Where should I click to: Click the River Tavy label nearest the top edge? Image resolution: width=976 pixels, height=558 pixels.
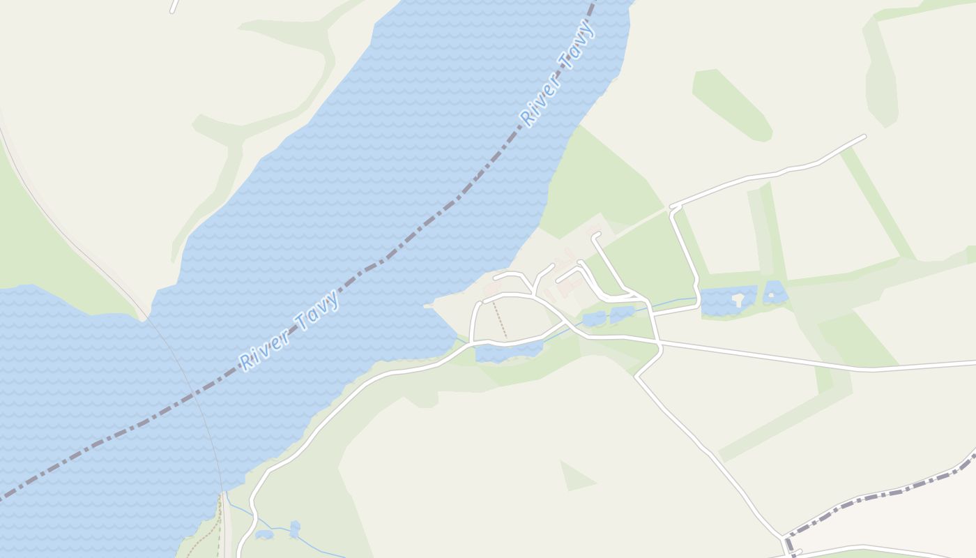point(558,74)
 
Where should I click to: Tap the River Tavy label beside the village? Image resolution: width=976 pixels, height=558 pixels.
point(290,329)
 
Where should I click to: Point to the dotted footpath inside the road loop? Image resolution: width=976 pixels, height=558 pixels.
point(500,319)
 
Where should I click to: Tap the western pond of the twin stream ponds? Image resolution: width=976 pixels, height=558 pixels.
point(594,319)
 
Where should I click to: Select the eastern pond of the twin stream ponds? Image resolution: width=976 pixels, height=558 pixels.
point(622,314)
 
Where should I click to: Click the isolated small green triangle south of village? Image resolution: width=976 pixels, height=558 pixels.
point(576,477)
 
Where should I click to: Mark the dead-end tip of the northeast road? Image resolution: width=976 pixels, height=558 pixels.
point(864,136)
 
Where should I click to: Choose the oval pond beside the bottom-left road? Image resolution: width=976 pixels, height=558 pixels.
point(264,535)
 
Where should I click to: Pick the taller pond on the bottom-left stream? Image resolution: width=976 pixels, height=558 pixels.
point(295,529)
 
